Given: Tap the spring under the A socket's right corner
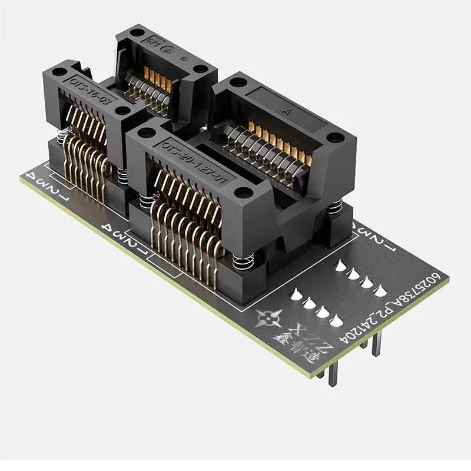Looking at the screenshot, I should point(334,208).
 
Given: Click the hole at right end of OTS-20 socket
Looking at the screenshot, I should point(241,193).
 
